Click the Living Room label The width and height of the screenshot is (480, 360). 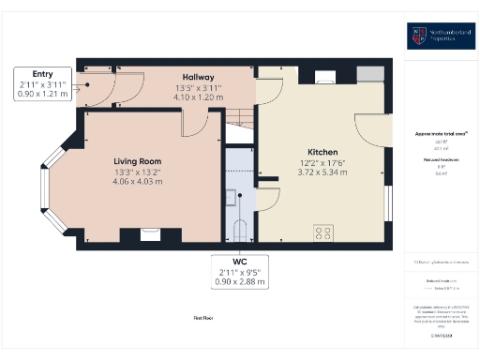(138, 160)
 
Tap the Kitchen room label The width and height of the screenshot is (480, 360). (322, 152)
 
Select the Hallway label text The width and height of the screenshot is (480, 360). (198, 77)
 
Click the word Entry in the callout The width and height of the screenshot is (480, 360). (43, 74)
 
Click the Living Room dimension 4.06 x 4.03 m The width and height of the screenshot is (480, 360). (138, 181)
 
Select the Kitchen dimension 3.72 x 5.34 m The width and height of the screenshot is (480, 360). (322, 173)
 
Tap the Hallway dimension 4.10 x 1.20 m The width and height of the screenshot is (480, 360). (198, 97)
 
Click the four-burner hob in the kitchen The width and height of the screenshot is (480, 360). (325, 232)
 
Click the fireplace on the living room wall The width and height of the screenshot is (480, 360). (149, 234)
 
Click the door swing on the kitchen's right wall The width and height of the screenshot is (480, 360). (372, 128)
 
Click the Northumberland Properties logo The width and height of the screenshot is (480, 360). (440, 37)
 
